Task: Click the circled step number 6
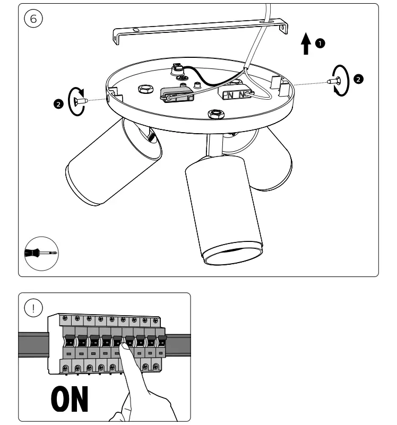pos(34,19)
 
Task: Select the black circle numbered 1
pos(319,43)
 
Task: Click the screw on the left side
pos(81,100)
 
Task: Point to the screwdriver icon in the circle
pos(41,253)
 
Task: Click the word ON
pos(70,398)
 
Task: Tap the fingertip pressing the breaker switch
pos(125,348)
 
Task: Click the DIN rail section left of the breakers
pos(33,343)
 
